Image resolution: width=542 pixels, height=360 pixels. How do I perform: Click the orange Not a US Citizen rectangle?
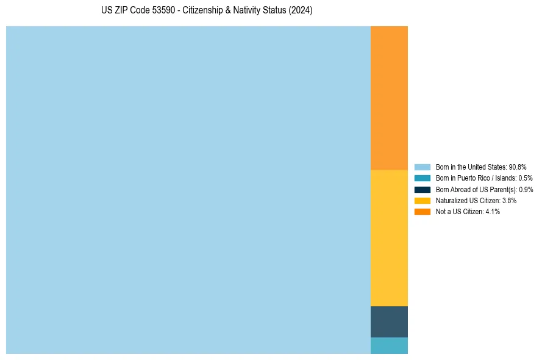click(x=389, y=98)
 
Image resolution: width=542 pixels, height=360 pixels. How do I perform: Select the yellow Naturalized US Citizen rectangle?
click(x=389, y=238)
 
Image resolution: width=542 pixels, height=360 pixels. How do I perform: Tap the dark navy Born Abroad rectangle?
click(x=389, y=322)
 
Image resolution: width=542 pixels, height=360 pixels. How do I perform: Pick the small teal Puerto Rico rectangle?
click(x=389, y=345)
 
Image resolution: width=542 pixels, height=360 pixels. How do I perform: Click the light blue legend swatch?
click(x=422, y=167)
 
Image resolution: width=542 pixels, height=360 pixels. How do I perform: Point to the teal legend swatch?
click(x=422, y=178)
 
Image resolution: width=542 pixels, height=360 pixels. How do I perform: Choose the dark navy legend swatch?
click(x=422, y=189)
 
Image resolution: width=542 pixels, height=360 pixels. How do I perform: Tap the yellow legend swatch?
click(x=422, y=200)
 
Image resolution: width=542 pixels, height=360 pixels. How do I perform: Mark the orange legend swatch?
click(x=422, y=211)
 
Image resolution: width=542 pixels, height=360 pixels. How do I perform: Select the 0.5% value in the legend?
click(x=525, y=178)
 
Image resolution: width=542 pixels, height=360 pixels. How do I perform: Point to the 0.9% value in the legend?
click(x=526, y=189)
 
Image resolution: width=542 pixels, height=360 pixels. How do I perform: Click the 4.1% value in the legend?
click(x=492, y=211)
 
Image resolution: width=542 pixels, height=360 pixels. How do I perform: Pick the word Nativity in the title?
click(x=247, y=11)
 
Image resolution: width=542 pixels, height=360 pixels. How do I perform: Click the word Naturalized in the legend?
click(x=450, y=200)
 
